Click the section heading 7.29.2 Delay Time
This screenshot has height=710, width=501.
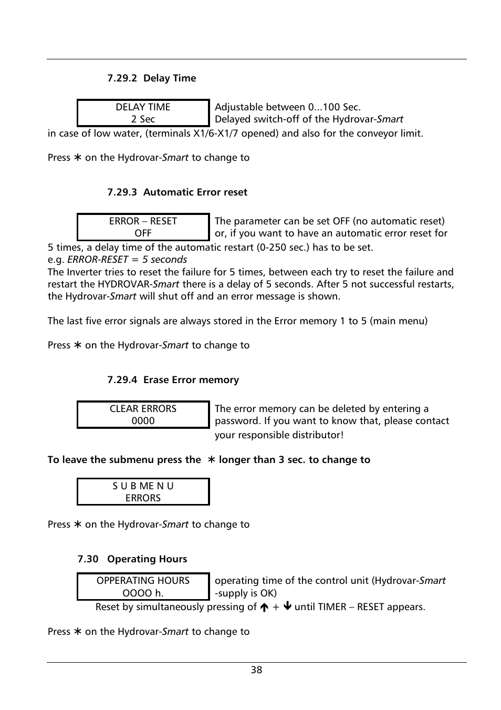[x=151, y=78]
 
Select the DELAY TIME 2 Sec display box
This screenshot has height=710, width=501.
[x=143, y=113]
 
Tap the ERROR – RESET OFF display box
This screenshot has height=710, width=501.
[x=143, y=227]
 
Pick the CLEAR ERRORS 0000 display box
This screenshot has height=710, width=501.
[x=143, y=415]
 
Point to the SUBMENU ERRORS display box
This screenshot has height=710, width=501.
[x=143, y=491]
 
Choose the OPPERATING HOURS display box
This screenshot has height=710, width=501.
[x=143, y=586]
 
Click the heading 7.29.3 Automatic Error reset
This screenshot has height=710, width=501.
[x=177, y=192]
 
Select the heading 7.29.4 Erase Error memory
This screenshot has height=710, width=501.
[x=173, y=380]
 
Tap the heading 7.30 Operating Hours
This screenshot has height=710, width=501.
[x=132, y=559]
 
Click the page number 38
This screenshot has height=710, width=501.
[x=256, y=670]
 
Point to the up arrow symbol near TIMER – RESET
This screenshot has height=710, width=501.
[x=264, y=607]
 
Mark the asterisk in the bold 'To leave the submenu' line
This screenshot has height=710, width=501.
[x=211, y=460]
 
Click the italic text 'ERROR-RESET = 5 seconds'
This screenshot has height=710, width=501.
[x=127, y=260]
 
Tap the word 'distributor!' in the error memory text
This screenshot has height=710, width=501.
[x=318, y=435]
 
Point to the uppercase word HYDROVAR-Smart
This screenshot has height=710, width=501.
[x=138, y=284]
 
